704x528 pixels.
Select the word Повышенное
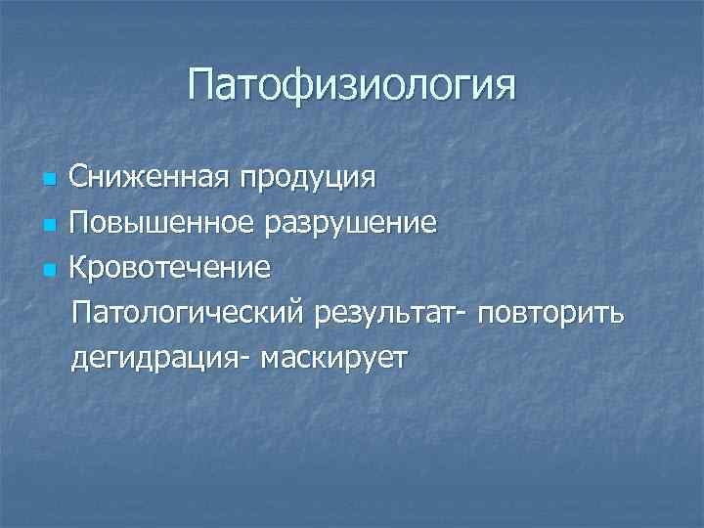[x=154, y=224]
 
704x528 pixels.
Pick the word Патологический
[x=188, y=316]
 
